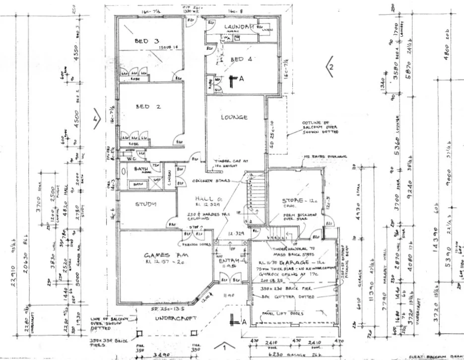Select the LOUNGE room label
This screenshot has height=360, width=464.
(234, 117)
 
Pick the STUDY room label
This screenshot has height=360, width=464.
(146, 204)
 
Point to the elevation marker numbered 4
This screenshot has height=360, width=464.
(95, 119)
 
